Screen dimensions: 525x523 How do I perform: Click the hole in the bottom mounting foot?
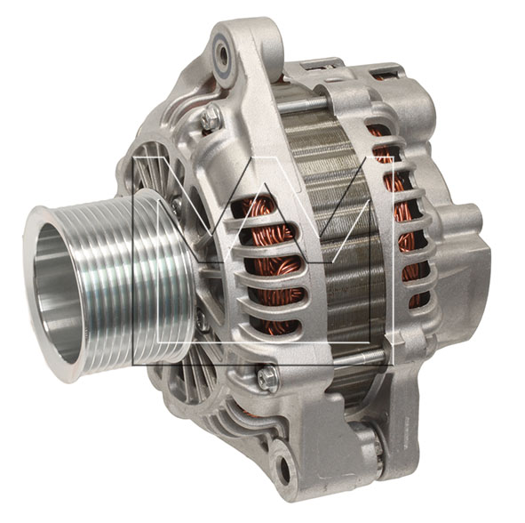(284, 467)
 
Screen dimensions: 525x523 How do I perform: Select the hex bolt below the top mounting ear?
(210, 117)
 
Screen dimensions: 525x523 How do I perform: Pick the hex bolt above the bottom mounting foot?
(267, 379)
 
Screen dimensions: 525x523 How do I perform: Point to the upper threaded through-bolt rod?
(301, 101)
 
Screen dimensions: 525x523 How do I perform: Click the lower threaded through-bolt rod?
(360, 358)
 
